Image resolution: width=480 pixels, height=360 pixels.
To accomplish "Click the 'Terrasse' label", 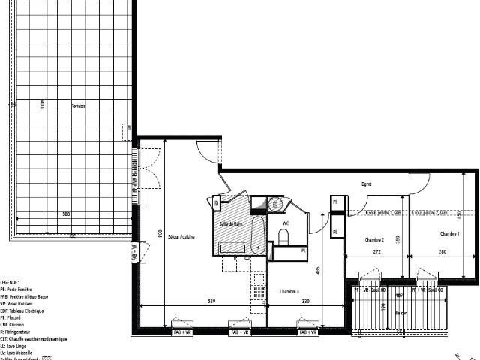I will click(79, 106).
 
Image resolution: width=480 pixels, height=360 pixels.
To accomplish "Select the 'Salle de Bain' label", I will click(229, 224).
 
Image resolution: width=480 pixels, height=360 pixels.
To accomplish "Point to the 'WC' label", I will click(286, 223).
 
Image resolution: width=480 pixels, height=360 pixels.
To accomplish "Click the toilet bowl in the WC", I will click(283, 237).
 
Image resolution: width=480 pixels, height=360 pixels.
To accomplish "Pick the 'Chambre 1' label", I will click(450, 234).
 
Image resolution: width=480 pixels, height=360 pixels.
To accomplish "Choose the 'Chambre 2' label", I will click(374, 239).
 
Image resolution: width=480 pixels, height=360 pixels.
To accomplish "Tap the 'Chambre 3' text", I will click(290, 291).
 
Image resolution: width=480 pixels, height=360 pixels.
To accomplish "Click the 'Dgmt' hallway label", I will click(367, 184).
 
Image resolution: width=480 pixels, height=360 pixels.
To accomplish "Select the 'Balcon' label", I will click(403, 312).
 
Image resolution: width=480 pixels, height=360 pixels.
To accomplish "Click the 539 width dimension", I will click(212, 301).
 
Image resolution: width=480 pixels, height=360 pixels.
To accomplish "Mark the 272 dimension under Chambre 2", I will click(375, 253).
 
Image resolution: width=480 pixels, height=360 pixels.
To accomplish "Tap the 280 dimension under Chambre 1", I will click(443, 253).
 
